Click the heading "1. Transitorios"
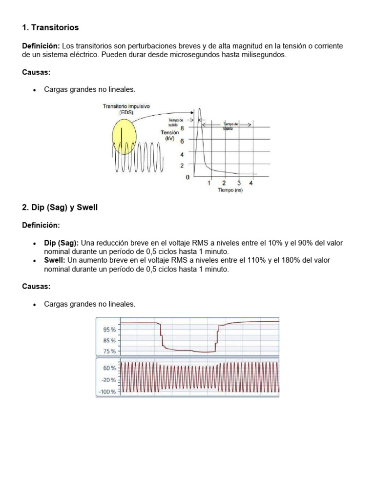tap(50, 27)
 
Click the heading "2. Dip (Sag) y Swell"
tap(60, 208)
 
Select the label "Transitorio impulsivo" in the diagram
tap(126, 106)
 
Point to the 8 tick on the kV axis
tap(182, 128)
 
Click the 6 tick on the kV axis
tap(182, 141)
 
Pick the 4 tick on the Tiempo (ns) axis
tap(251, 184)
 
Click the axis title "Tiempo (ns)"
tap(230, 190)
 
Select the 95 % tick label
tap(109, 330)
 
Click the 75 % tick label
tap(109, 351)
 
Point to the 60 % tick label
tap(109, 368)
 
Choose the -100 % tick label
tap(107, 392)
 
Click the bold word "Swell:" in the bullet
tap(55, 260)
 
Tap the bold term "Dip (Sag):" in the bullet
tap(62, 243)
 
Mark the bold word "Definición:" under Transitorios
tap(41, 46)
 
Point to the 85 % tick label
tap(109, 340)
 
